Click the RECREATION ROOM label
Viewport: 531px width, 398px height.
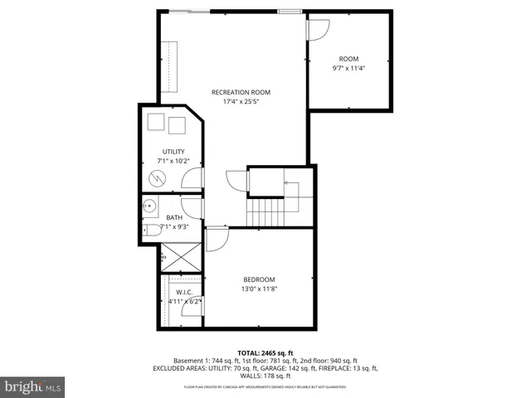click(241, 92)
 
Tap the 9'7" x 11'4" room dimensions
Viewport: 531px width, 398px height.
click(348, 68)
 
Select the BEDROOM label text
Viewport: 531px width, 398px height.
click(258, 279)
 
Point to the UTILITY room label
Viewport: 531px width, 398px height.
click(173, 151)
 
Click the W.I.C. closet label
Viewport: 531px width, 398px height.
click(183, 292)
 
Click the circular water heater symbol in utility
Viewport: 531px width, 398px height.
click(158, 179)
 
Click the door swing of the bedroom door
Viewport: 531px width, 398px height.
click(216, 239)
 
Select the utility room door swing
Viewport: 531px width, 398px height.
click(192, 178)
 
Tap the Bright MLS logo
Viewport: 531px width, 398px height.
click(33, 386)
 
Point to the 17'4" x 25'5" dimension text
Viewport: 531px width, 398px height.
click(241, 102)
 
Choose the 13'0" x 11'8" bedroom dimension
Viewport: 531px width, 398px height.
click(258, 289)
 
